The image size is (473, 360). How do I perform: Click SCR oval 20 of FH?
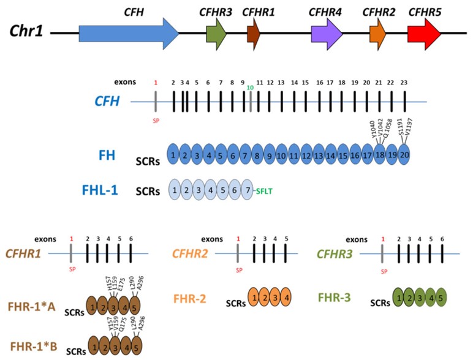tap(404, 156)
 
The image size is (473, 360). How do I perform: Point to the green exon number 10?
tap(250, 88)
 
